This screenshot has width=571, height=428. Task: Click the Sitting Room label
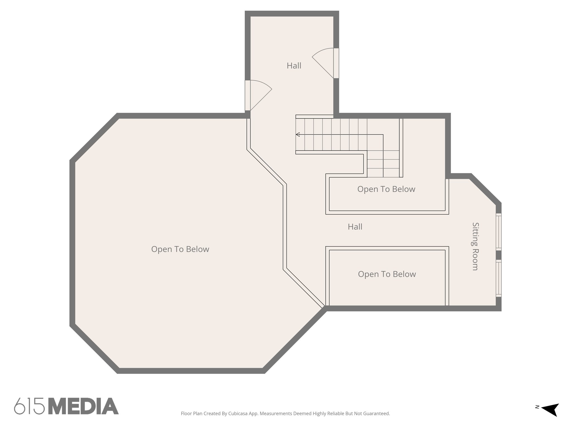click(x=475, y=246)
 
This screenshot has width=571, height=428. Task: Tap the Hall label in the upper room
click(x=294, y=66)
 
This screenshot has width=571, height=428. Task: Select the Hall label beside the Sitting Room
click(x=355, y=227)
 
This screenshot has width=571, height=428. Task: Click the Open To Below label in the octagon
click(x=180, y=249)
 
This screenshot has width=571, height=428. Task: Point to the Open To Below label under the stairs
click(x=386, y=189)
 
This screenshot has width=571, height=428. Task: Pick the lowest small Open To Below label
click(x=387, y=274)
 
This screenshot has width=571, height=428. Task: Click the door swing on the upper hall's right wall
click(x=323, y=63)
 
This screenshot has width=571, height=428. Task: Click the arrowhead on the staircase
click(x=298, y=135)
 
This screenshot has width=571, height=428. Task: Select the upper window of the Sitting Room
click(x=499, y=231)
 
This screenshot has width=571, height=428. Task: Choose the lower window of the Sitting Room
click(x=499, y=278)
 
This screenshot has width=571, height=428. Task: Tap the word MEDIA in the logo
click(x=83, y=406)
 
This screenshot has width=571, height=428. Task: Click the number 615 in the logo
click(x=29, y=406)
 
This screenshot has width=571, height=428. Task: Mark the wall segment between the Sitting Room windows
click(x=499, y=255)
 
